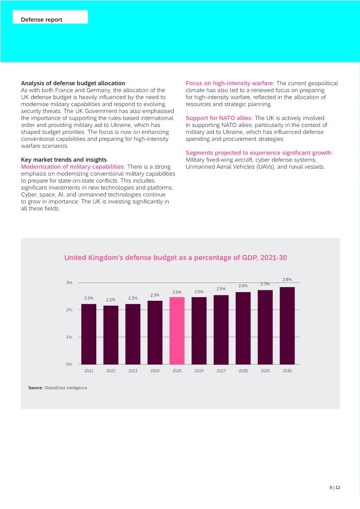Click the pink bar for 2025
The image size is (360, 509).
tap(177, 331)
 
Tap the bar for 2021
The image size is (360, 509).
tap(89, 334)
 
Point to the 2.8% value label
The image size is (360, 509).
tap(287, 279)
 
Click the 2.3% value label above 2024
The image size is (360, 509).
tap(155, 295)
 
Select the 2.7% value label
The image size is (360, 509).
tap(265, 284)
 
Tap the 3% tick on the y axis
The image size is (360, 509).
tap(69, 283)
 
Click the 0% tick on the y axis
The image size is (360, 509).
tap(69, 364)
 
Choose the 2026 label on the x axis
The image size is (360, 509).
tap(199, 371)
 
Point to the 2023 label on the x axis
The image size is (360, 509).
tap(133, 371)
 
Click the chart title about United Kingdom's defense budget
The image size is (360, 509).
tap(175, 258)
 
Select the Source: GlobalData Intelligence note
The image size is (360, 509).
tap(58, 388)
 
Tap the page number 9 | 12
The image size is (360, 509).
tap(335, 488)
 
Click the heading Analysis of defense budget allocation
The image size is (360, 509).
tap(73, 83)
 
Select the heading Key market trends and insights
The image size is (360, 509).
tap(64, 160)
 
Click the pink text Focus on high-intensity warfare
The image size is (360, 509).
tap(230, 83)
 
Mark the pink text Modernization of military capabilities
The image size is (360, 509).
tap(73, 166)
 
